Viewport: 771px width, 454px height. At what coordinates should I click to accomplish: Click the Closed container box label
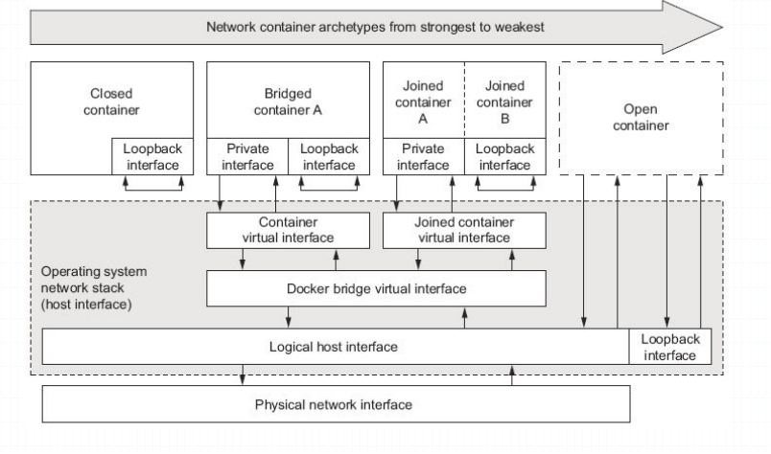(111, 102)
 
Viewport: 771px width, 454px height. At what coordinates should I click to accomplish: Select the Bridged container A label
(288, 102)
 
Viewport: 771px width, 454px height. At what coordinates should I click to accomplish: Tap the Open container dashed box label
(640, 118)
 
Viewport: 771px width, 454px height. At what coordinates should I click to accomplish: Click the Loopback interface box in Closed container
(152, 157)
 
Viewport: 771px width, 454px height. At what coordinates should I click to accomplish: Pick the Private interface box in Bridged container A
(247, 157)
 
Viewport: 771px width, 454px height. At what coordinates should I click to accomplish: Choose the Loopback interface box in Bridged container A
(329, 157)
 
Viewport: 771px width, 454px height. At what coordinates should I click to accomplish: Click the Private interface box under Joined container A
(423, 157)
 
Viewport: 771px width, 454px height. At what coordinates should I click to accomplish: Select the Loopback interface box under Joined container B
(504, 157)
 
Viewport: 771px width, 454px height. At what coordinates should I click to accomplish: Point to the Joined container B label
(504, 102)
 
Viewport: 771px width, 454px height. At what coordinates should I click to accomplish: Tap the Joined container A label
(423, 102)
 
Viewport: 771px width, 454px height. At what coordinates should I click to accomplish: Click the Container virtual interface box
(288, 230)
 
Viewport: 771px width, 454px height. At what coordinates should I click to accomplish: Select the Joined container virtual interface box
(464, 230)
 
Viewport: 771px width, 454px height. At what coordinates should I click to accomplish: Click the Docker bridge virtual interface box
(376, 288)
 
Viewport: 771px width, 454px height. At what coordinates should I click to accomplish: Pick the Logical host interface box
(336, 347)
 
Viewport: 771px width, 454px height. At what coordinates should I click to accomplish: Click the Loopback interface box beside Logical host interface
(669, 347)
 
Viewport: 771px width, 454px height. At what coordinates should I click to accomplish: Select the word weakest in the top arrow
(518, 27)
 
